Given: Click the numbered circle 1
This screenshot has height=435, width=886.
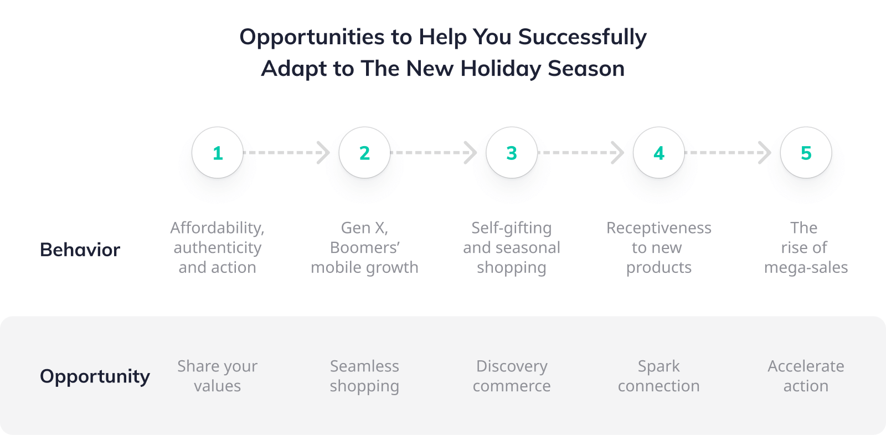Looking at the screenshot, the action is pyautogui.click(x=218, y=153).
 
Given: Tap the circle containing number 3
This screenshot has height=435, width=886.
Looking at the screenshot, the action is pyautogui.click(x=512, y=153).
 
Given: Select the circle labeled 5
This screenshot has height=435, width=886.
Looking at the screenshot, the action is pyautogui.click(x=806, y=153).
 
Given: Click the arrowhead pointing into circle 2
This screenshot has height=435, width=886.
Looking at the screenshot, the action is pyautogui.click(x=323, y=153).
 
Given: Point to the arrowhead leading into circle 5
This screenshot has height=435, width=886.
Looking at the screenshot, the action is pyautogui.click(x=765, y=153).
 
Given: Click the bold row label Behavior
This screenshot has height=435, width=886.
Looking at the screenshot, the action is pyautogui.click(x=80, y=250).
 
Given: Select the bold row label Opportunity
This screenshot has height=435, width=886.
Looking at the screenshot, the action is pyautogui.click(x=95, y=376).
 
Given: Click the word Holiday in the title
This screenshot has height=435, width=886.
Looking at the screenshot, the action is pyautogui.click(x=501, y=69).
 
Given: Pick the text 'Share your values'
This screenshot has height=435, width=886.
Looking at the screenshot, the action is pyautogui.click(x=217, y=376).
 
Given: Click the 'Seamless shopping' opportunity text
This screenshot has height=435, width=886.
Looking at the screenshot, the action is pyautogui.click(x=365, y=376).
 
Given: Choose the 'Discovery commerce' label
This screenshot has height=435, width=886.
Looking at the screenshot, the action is pyautogui.click(x=512, y=376).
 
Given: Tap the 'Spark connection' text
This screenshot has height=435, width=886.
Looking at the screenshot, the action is pyautogui.click(x=659, y=376).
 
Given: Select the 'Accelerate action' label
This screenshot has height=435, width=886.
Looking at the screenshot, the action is pyautogui.click(x=806, y=376).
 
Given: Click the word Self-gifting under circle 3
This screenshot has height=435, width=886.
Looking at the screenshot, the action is pyautogui.click(x=512, y=229).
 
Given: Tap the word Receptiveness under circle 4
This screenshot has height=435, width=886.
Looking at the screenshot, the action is pyautogui.click(x=659, y=229).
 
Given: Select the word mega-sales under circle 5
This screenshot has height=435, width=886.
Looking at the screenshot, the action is pyautogui.click(x=806, y=268).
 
